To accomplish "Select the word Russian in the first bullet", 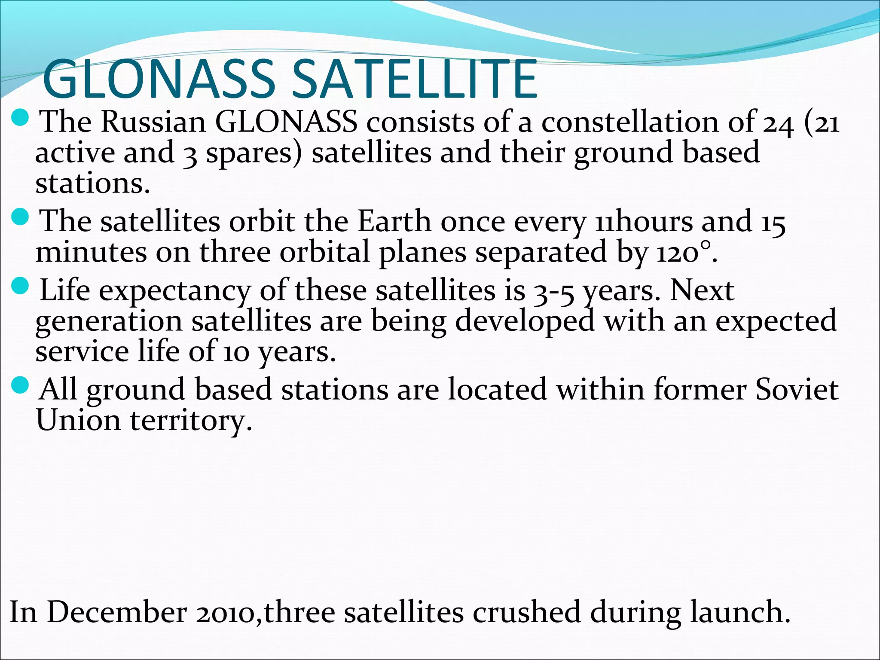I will (x=153, y=122).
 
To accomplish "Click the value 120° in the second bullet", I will (x=683, y=253).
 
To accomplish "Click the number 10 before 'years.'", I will (x=236, y=352).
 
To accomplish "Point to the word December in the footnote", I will (x=116, y=612).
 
